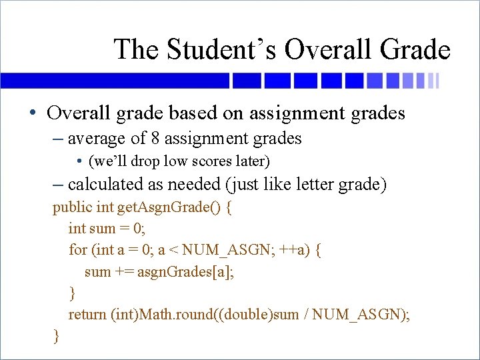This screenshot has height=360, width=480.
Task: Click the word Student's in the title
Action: pyautogui.click(x=219, y=49)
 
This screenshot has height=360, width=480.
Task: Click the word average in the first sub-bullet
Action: pyautogui.click(x=97, y=139)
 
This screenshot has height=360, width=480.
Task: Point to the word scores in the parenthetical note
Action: pyautogui.click(x=197, y=161)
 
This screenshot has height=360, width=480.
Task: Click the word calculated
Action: pyautogui.click(x=108, y=185)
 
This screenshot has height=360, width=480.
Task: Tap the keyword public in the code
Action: pyautogui.click(x=73, y=207)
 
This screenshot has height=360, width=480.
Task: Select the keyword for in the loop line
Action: pyautogui.click(x=78, y=250)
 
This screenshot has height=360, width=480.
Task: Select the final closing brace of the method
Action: pyautogui.click(x=56, y=336)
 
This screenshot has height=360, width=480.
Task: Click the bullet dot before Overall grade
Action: pyautogui.click(x=33, y=113)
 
